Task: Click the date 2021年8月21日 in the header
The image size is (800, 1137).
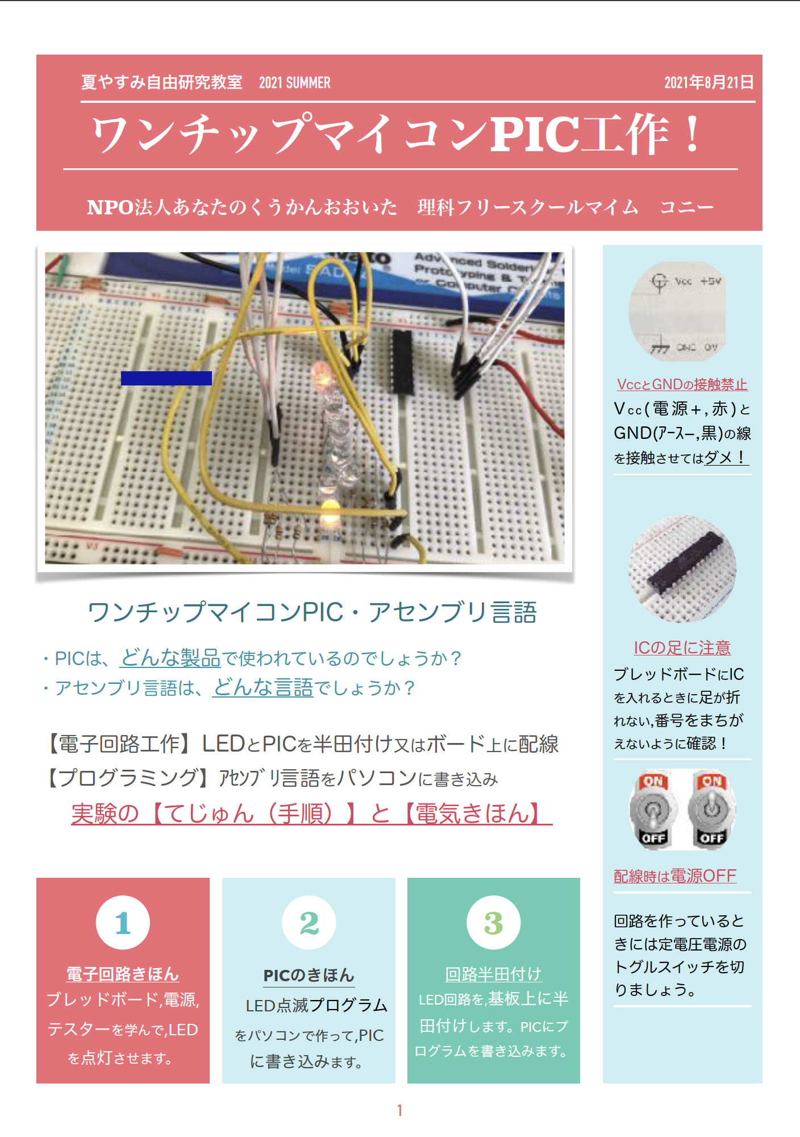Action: (x=709, y=83)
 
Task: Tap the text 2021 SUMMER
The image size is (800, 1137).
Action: (x=294, y=83)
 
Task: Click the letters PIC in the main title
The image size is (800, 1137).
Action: (x=534, y=135)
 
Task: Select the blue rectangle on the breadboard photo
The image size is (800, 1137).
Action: (x=166, y=378)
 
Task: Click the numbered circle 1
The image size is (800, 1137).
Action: (x=123, y=923)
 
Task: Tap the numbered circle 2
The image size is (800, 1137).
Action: (x=309, y=923)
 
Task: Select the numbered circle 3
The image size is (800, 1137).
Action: (x=493, y=923)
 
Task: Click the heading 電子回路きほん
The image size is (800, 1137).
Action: (x=123, y=974)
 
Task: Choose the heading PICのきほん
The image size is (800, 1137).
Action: (x=309, y=976)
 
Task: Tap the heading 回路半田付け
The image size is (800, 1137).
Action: (x=493, y=974)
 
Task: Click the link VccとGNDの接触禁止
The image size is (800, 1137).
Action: (x=682, y=384)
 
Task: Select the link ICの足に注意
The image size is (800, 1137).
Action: (x=682, y=648)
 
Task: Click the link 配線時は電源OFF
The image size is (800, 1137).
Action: (x=675, y=876)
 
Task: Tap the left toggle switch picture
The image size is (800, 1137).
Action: (x=653, y=810)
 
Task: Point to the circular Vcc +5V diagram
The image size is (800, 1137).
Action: (x=677, y=312)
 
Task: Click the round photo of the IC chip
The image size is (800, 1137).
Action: (x=682, y=568)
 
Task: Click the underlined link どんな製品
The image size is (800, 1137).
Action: (x=170, y=658)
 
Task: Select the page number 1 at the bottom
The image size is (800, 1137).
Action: (x=399, y=1110)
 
